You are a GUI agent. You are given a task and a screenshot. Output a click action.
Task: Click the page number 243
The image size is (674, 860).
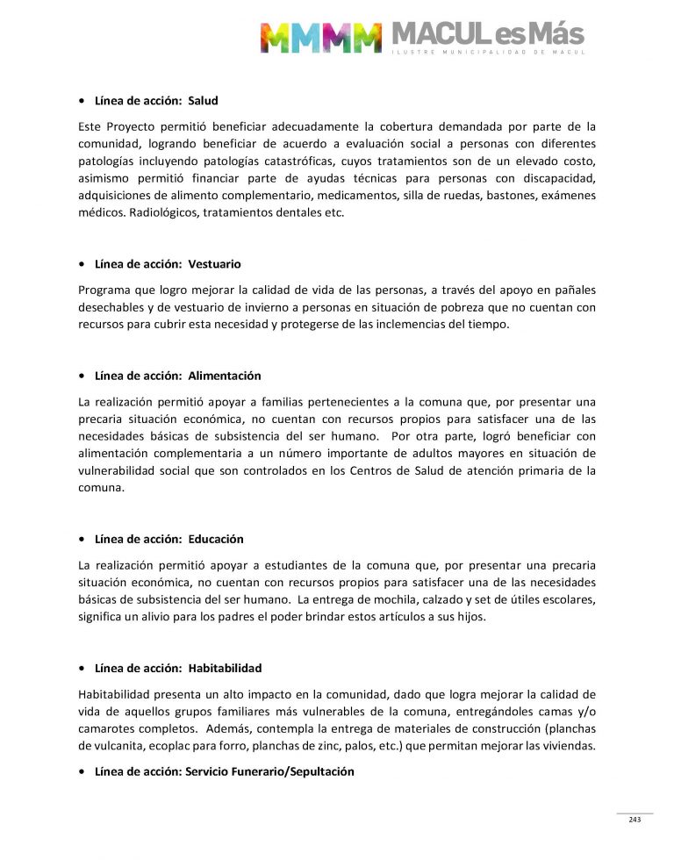635,820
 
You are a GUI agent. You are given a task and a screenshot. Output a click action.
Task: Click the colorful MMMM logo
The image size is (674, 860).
320,38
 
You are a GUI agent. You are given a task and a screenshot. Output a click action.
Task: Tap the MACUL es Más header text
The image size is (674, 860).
487,34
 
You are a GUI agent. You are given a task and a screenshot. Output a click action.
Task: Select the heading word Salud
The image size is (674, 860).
203,101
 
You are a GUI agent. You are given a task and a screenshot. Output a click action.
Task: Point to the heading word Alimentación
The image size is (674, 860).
225,376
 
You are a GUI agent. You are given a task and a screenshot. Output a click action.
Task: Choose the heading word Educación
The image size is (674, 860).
216,539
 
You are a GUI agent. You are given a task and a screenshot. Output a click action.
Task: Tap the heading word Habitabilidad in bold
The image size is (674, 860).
225,668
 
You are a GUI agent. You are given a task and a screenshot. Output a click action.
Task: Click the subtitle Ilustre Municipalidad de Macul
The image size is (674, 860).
487,53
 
